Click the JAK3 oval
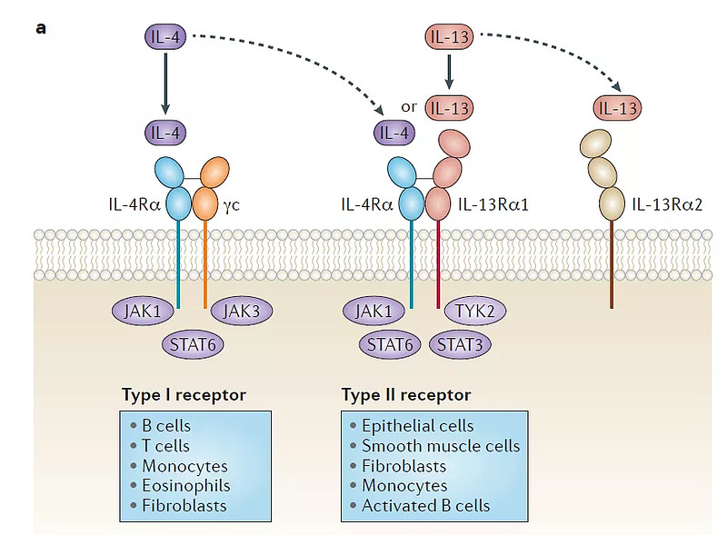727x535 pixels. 242,312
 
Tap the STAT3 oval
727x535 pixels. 459,344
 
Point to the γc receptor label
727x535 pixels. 233,204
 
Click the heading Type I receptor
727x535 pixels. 184,395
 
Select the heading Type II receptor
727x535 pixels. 406,395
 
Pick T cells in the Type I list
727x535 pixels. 165,445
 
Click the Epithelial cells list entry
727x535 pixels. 417,425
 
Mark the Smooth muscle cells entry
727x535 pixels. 441,445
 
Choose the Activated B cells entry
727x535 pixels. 425,505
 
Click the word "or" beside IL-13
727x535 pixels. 409,107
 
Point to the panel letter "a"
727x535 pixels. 41,27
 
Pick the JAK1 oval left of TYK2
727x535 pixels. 373,312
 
